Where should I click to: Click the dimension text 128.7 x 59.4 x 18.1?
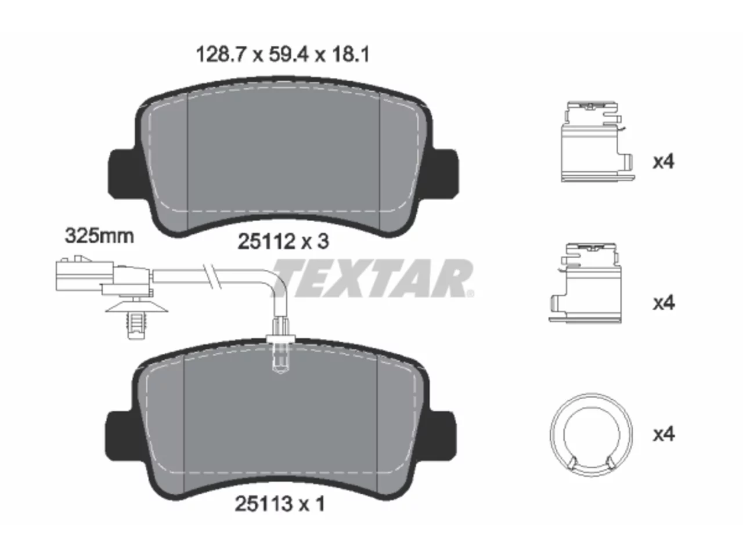tap(283, 55)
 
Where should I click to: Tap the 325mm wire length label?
tap(99, 236)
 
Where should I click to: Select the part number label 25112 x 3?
tap(283, 241)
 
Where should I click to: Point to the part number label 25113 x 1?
tap(280, 504)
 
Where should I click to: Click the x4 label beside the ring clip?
tap(663, 434)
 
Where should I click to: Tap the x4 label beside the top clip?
tap(663, 162)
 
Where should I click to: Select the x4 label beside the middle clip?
tap(663, 303)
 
